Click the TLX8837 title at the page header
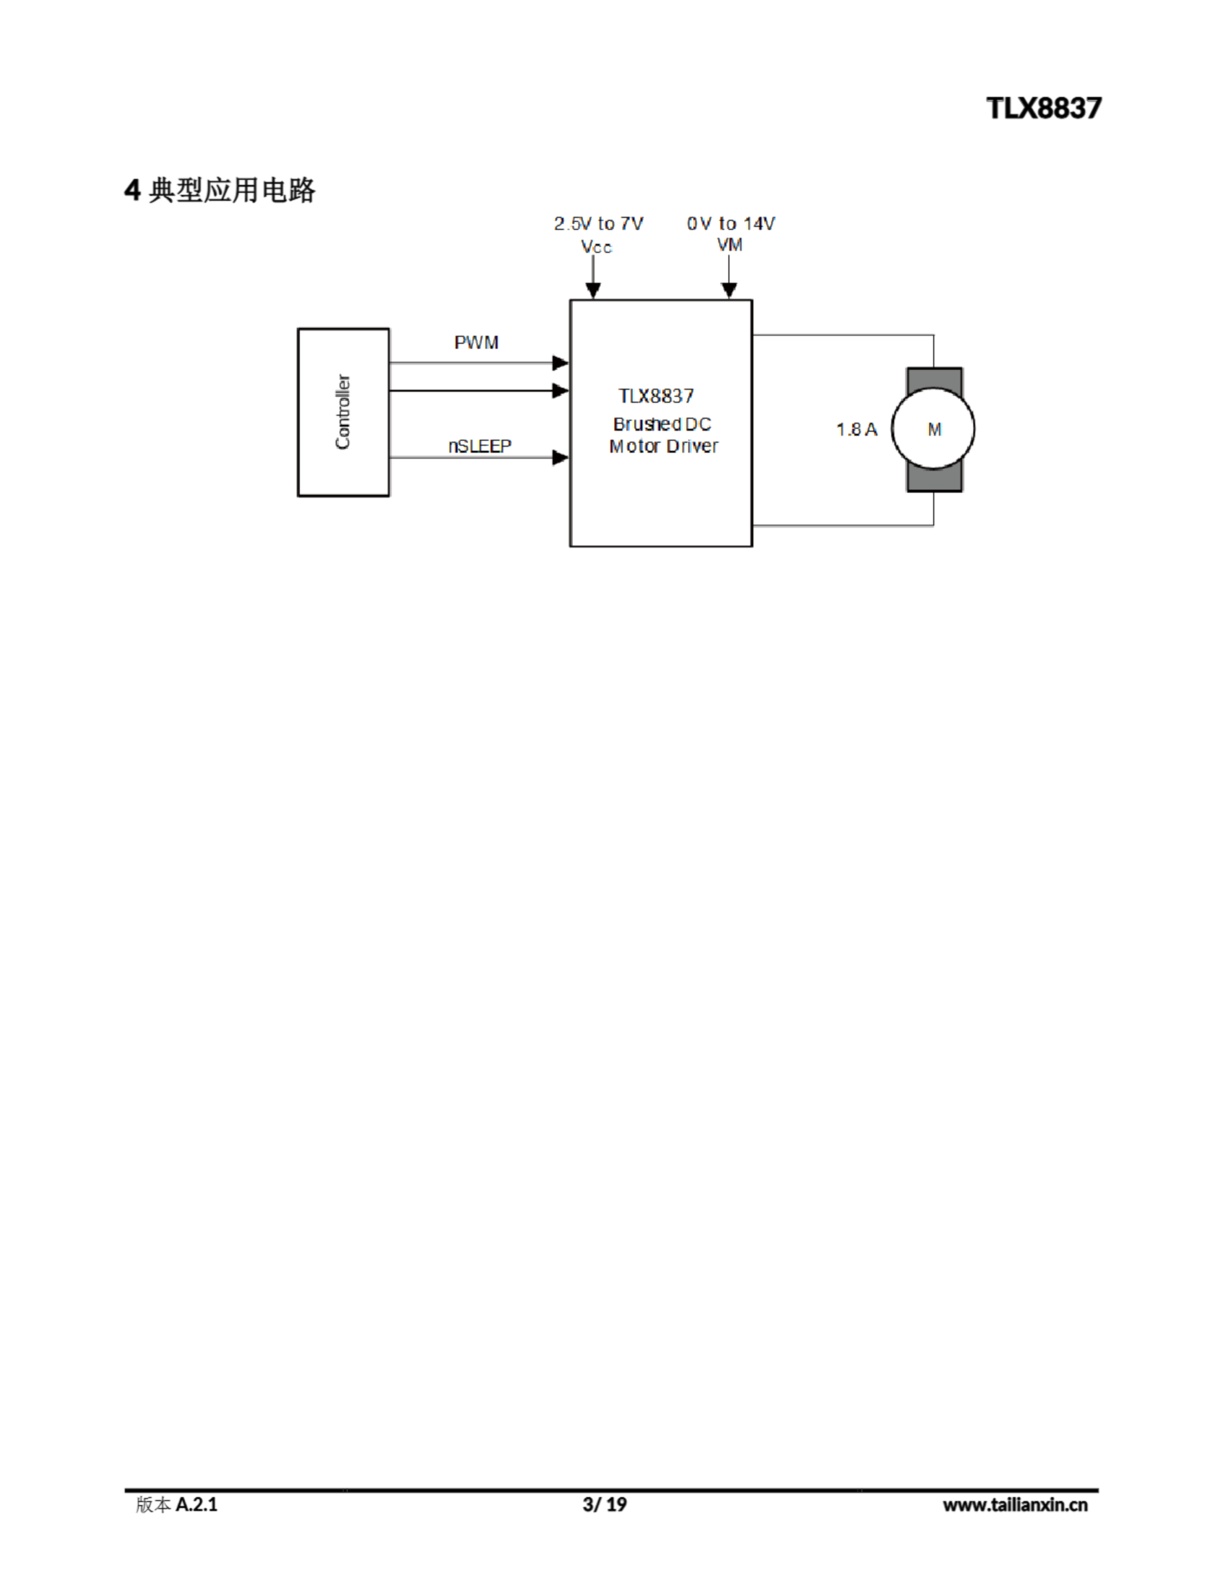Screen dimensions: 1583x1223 pos(1043,108)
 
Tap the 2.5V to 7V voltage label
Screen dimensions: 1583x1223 pos(598,224)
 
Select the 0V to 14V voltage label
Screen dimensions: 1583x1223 pos(731,224)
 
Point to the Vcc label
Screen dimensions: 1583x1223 pos(596,247)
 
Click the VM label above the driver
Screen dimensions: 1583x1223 pos(730,245)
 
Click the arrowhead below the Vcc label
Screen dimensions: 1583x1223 pos(593,291)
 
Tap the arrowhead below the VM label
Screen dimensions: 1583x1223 pos(730,291)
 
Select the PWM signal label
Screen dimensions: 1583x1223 pos(476,343)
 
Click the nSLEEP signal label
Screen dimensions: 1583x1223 pos(479,446)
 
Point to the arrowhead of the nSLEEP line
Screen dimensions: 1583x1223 pos(560,458)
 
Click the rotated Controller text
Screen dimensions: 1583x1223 pos(343,412)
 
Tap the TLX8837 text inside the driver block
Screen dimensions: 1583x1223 pos(656,396)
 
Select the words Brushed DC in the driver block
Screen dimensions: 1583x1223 pos(662,424)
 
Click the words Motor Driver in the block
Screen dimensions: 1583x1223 pos(663,446)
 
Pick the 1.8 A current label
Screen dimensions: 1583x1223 pos(856,430)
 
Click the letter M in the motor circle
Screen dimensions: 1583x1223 pos(934,430)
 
